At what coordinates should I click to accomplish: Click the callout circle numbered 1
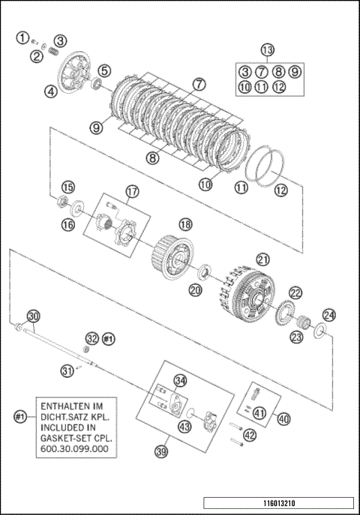22,37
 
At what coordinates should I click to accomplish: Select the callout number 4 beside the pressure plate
51,91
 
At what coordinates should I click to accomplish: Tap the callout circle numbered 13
267,50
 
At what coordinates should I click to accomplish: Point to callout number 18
185,225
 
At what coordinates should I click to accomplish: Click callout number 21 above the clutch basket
262,260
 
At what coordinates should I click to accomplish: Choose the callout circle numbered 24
329,316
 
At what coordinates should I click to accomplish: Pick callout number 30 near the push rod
33,316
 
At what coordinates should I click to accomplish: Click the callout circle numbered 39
161,451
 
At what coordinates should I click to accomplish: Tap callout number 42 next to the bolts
250,436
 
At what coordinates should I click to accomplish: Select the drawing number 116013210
279,503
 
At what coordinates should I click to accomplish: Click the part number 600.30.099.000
74,449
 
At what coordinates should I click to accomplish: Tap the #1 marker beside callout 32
109,338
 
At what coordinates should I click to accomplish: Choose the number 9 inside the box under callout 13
295,72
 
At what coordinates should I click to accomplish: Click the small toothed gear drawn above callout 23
303,322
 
